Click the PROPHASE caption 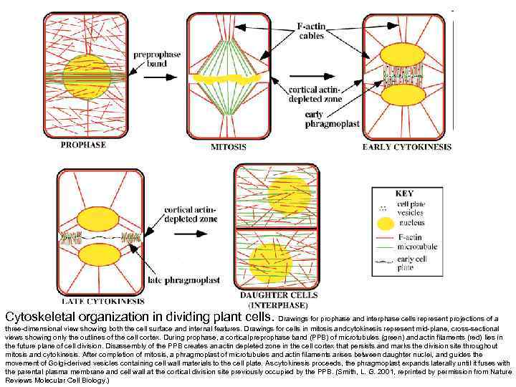pos(83,145)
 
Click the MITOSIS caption pos(228,147)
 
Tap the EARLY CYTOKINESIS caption pos(407,147)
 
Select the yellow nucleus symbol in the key pos(384,222)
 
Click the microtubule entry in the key pos(414,246)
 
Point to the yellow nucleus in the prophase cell pos(86,75)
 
